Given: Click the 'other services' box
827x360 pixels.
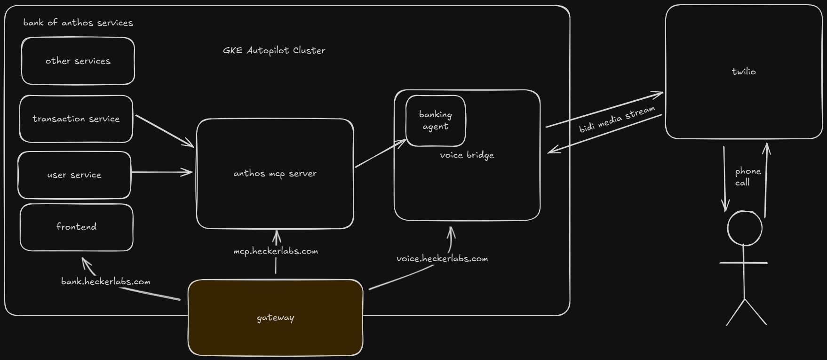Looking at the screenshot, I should pos(78,61).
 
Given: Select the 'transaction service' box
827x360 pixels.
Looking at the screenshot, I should pos(76,119).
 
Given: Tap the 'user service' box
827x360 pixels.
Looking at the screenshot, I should pos(74,175).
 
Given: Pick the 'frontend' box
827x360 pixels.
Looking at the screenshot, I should pos(76,227).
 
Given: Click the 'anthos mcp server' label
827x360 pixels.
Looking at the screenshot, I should pos(275,174).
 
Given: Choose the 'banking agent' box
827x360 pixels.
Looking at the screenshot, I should pos(436,121).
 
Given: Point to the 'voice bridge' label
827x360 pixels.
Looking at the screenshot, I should pos(467,155).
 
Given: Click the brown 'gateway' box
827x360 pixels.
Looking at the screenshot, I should pos(275,318).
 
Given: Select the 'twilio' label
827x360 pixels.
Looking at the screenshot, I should pos(744,72).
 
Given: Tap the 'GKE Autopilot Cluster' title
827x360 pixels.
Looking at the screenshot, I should pos(274,50).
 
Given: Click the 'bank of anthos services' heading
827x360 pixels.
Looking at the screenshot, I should pos(78,23).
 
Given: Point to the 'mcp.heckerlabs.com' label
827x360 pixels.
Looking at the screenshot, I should pos(276,251).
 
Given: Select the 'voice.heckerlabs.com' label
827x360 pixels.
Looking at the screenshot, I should pos(442,259).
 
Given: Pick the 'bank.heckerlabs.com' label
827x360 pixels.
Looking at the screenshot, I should pos(106,281).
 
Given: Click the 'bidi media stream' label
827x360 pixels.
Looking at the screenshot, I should pos(617,120).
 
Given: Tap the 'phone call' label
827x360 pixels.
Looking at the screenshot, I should pos(747,177).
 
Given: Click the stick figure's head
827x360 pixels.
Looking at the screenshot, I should pos(745,228).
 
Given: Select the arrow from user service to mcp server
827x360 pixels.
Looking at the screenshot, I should pos(162,173).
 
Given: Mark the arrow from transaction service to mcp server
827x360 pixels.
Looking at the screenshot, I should pos(165,131).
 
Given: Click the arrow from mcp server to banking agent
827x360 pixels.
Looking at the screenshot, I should pos(380,153).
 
